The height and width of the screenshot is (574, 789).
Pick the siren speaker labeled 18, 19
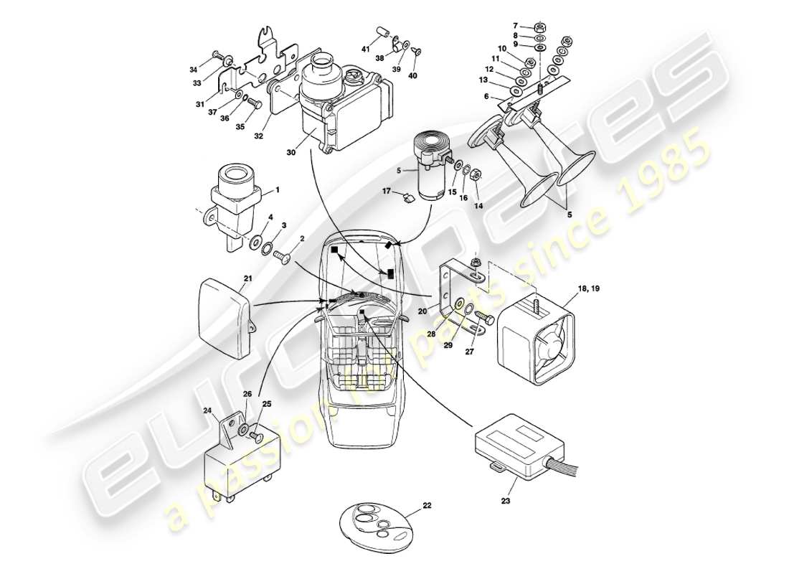click(534, 334)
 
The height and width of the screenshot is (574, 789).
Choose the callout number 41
click(364, 50)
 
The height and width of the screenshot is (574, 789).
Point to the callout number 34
click(193, 70)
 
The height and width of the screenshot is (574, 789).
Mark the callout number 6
click(486, 97)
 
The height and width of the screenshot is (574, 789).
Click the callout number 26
click(247, 394)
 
